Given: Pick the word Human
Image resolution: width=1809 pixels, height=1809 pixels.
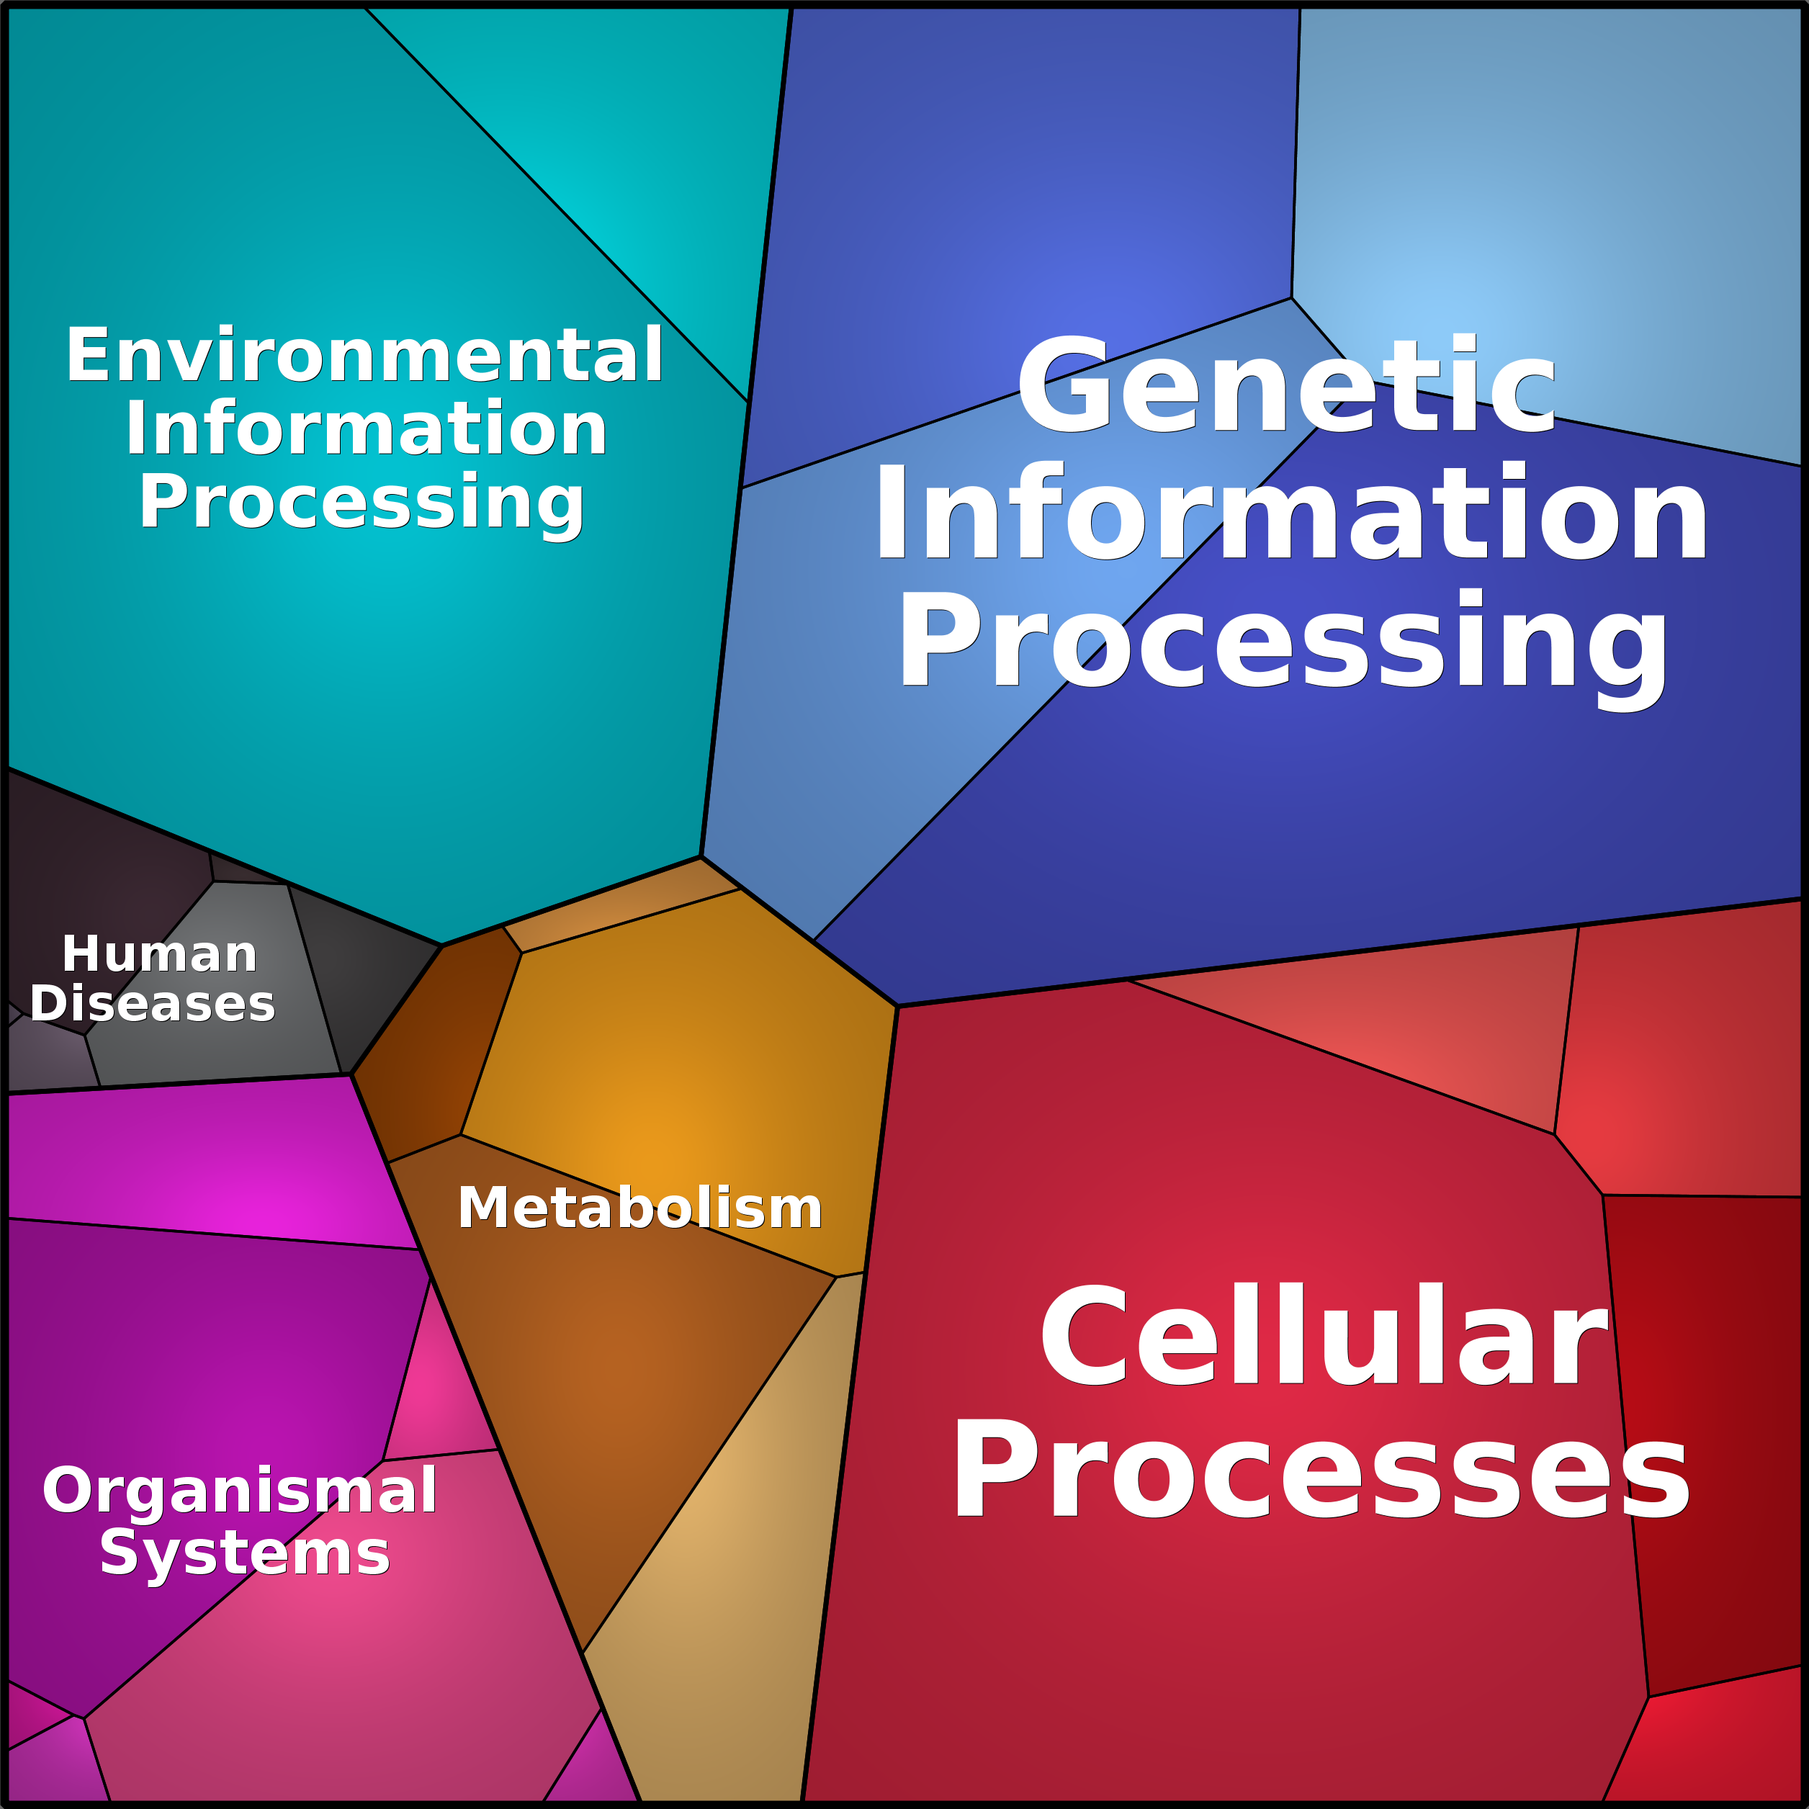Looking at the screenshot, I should (159, 954).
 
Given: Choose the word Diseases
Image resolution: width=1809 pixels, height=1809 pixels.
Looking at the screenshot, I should (153, 1004).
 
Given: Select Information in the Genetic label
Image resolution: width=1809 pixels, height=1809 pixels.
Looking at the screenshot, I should (1291, 514).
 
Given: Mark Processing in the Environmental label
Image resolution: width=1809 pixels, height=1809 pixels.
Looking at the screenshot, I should (362, 502).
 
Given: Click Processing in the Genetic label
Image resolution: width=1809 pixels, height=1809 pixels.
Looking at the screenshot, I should (1283, 642).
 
